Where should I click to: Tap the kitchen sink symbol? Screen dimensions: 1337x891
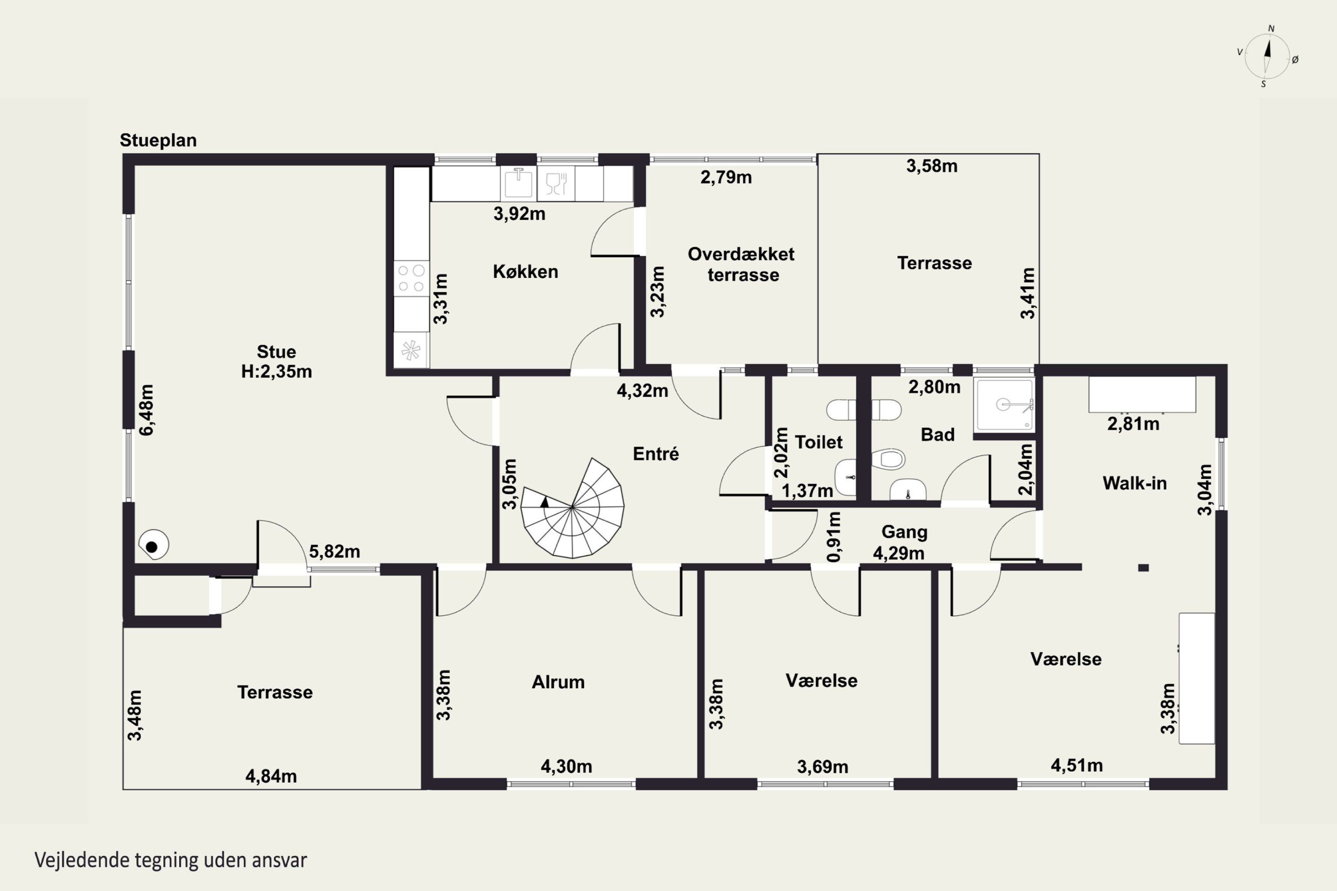(518, 183)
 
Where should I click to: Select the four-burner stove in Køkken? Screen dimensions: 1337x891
(411, 278)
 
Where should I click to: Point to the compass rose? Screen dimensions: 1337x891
(1267, 56)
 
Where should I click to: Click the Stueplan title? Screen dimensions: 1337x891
(158, 140)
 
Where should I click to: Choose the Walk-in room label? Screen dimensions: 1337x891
(1135, 483)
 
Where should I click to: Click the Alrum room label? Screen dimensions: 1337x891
(558, 682)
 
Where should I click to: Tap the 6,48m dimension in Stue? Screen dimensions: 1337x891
(147, 410)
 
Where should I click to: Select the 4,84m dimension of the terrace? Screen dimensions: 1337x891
(271, 776)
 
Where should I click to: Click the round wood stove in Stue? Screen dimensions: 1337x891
(153, 545)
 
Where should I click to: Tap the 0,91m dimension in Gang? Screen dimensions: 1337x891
(834, 537)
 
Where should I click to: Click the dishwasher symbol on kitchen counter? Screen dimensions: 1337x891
(556, 183)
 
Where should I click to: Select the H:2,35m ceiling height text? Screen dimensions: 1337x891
(277, 372)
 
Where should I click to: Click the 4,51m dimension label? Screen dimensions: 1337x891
(1077, 765)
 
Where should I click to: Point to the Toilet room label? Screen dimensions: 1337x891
(819, 442)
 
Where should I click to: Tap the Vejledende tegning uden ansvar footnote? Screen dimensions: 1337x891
(171, 860)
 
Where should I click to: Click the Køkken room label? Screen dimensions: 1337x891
(525, 272)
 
